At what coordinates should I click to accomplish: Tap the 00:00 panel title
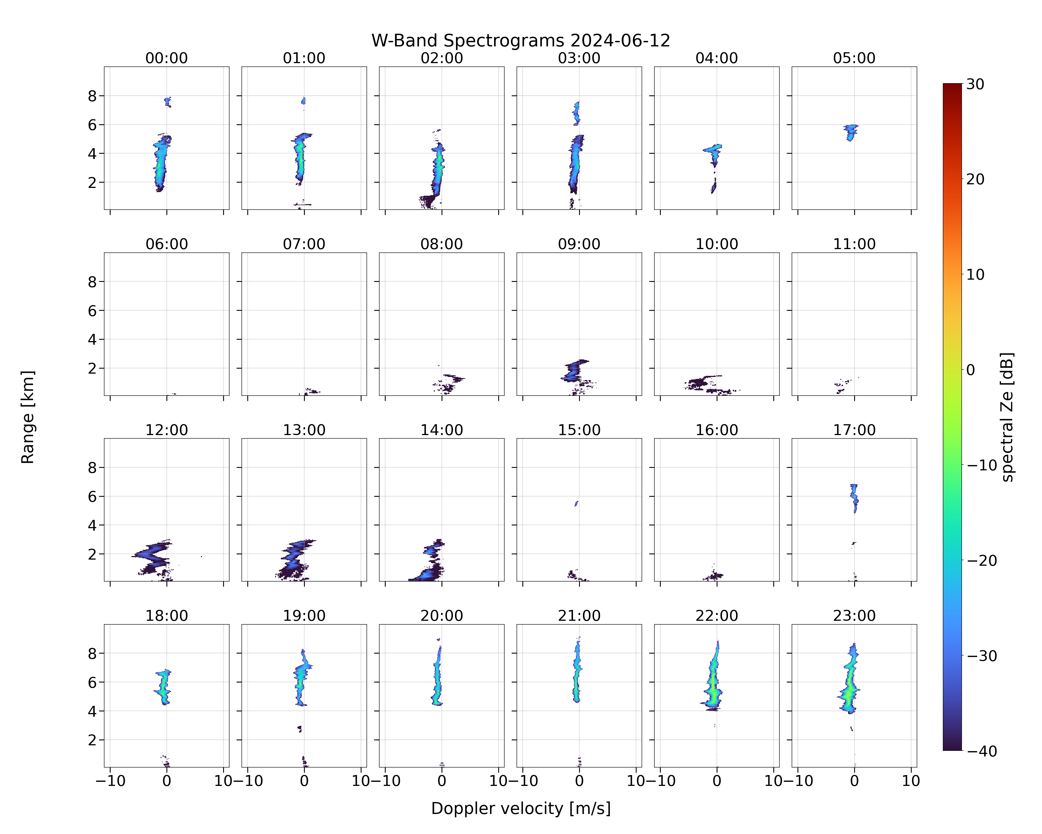167,58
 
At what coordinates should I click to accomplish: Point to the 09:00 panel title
579,244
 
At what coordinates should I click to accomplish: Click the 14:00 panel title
442,430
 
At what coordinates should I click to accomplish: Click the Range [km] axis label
28,417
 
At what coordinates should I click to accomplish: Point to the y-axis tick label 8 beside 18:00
92,653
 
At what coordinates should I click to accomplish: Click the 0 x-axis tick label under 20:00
442,781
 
